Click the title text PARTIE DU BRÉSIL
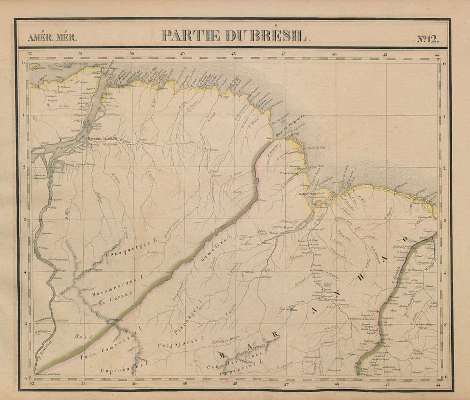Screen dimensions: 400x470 (234, 36)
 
